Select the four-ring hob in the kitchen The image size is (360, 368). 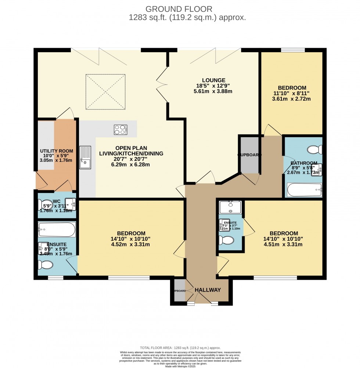tap(120, 130)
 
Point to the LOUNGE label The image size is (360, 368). tap(213, 80)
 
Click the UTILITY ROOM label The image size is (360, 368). tap(56, 151)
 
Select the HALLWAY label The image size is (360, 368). tap(208, 290)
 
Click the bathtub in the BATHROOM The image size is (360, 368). tap(305, 190)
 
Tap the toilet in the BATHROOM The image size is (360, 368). tap(314, 150)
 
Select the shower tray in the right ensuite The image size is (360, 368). tap(230, 207)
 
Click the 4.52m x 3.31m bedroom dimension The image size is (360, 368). tap(131, 244)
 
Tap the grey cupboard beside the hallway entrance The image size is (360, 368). tap(179, 290)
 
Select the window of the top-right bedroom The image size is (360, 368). tap(293, 50)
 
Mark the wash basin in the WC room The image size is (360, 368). tap(72, 204)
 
